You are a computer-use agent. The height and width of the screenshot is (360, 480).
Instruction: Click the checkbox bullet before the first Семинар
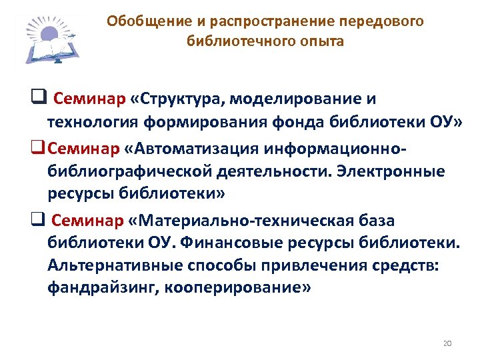[x=38, y=99]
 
